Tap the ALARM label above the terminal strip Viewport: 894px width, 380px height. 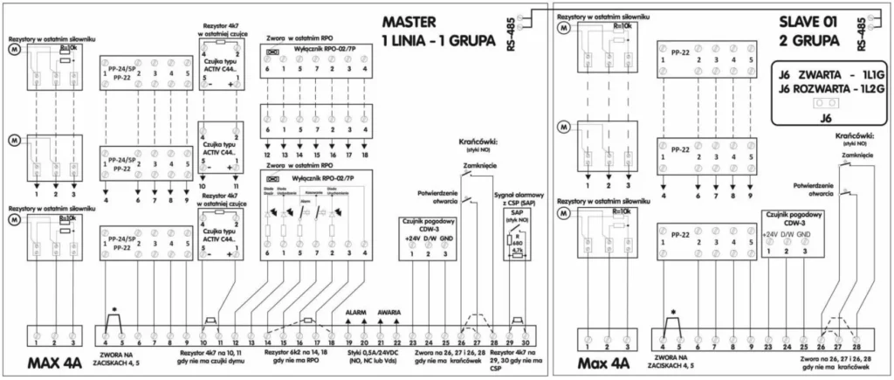tap(355, 313)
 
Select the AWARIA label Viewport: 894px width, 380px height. tap(389, 313)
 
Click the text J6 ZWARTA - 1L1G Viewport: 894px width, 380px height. tap(831, 73)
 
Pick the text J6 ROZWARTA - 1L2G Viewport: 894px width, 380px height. tap(831, 86)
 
